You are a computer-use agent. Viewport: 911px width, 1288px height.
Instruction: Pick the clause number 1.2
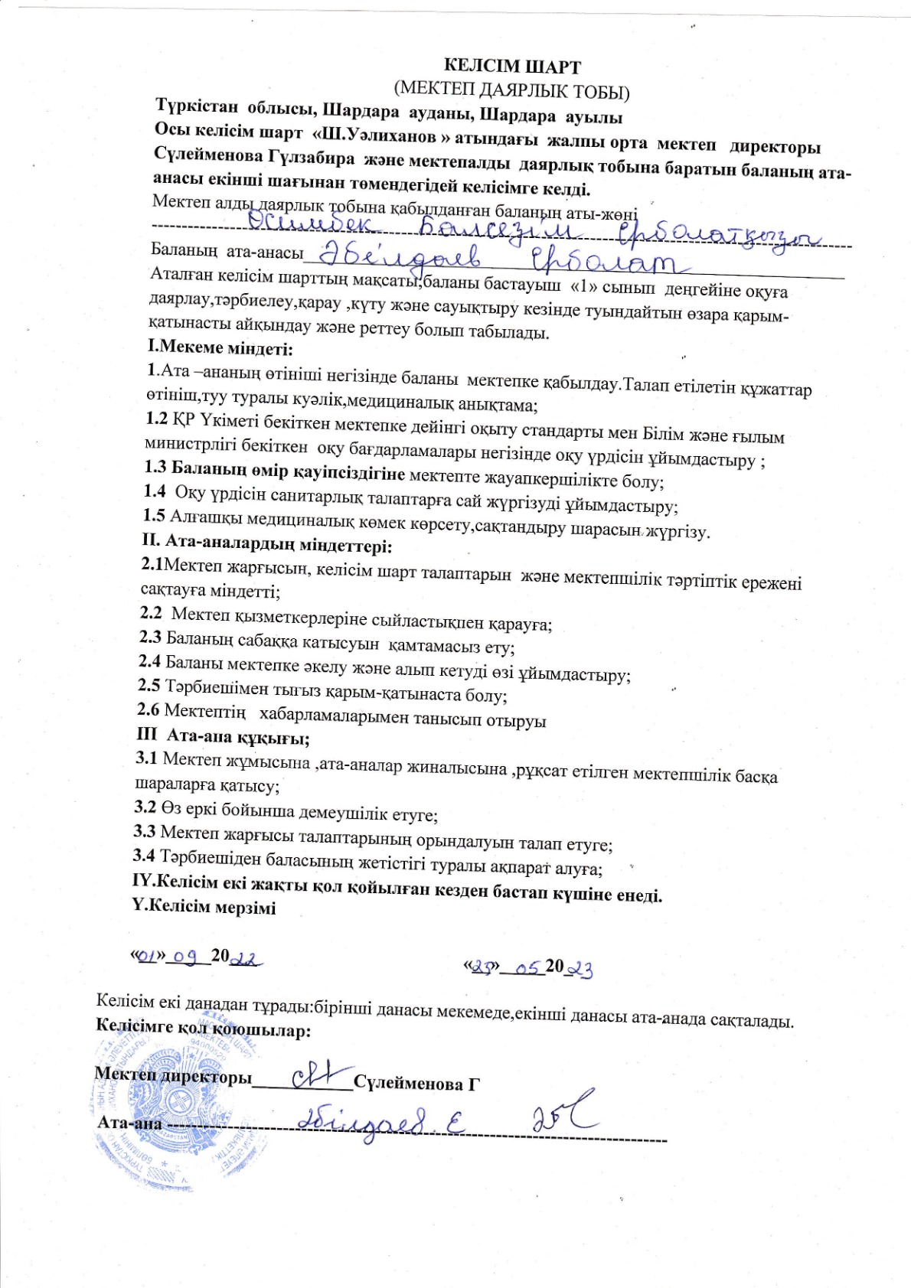[x=156, y=419]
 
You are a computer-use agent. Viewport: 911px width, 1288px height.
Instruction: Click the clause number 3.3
[x=145, y=831]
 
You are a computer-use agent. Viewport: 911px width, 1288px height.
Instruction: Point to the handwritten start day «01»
[x=149, y=955]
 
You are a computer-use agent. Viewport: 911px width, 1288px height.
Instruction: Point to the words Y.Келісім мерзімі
[x=204, y=908]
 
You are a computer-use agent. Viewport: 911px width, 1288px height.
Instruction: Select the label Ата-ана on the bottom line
[x=129, y=1123]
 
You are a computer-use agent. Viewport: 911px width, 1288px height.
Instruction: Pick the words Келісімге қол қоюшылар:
[x=203, y=1029]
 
